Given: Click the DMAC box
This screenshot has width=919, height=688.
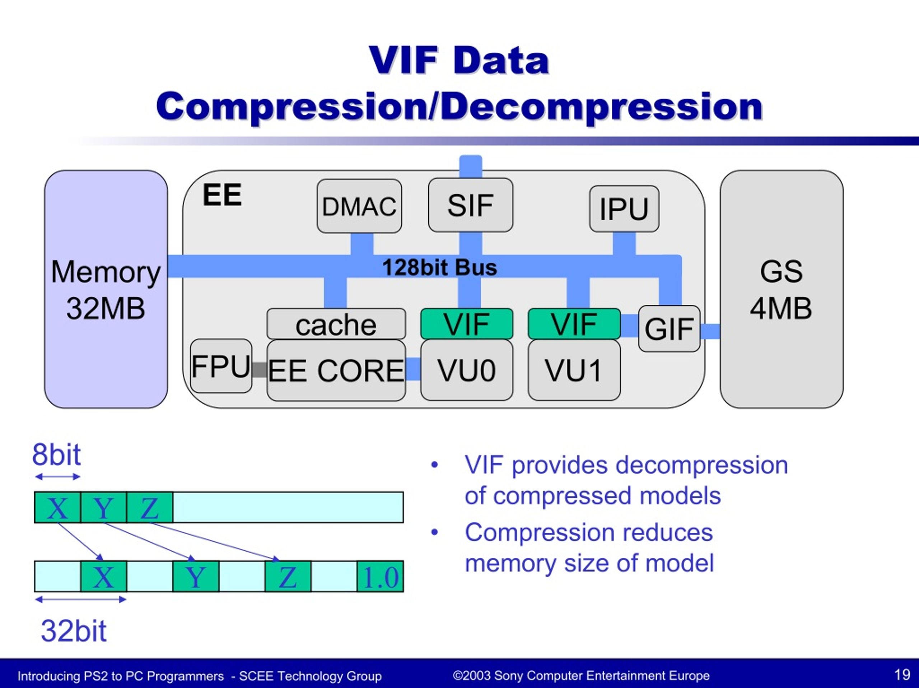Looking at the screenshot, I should coord(359,206).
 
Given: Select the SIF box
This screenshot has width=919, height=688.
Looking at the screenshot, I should coord(470,205).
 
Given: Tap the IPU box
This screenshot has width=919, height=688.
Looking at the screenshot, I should coord(624,208).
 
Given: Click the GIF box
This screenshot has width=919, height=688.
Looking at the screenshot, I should coord(669,329).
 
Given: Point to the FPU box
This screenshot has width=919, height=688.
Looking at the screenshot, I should coord(221,366).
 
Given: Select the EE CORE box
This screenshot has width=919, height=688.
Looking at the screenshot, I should coord(336,371).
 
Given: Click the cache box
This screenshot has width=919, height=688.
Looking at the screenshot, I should coord(336,324).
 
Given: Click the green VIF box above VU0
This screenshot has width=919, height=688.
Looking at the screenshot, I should coord(467,324).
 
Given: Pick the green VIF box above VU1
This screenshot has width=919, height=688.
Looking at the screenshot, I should coord(574,324).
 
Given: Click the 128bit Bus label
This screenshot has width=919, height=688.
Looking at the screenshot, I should coord(439,267).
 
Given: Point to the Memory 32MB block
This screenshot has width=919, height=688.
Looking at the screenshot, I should coord(106,289).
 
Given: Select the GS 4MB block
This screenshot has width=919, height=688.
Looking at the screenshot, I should coord(781,289).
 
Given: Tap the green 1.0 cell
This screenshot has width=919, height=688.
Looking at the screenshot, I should coord(380,577).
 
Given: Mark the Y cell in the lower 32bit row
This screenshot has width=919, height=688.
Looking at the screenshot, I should coord(196,577).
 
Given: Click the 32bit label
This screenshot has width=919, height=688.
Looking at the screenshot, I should coord(74,631).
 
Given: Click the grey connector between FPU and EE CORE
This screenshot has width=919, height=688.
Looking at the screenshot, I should coord(259,369).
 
